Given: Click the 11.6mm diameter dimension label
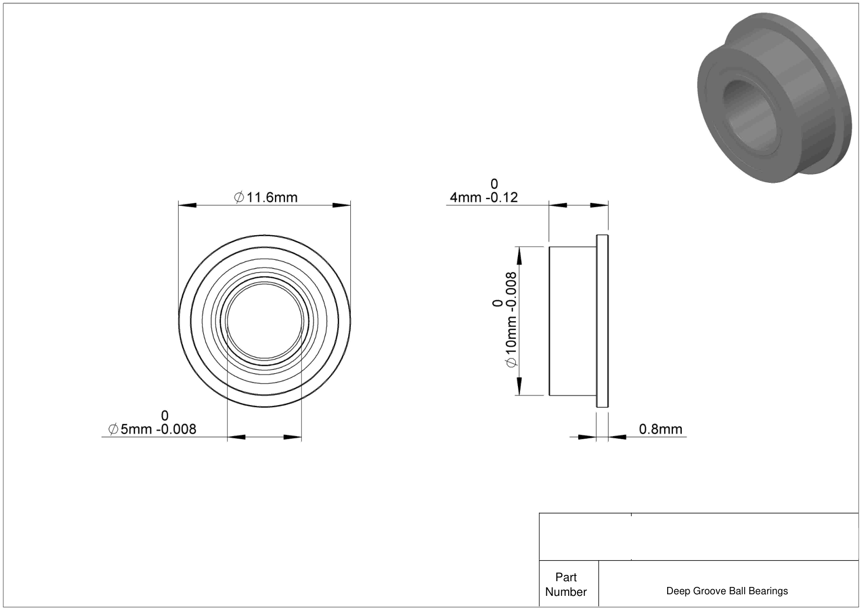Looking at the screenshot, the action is pyautogui.click(x=266, y=198).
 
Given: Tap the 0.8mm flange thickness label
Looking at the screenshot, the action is pyautogui.click(x=660, y=429).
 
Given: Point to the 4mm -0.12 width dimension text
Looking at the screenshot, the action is pyautogui.click(x=484, y=198).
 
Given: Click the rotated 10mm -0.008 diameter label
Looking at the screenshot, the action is pyautogui.click(x=510, y=320).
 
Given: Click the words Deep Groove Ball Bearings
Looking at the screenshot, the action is pyautogui.click(x=727, y=591).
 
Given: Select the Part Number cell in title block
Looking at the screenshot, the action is pyautogui.click(x=566, y=584).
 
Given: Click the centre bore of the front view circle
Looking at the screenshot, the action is pyautogui.click(x=264, y=321).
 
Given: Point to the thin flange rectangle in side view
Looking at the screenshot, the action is pyautogui.click(x=602, y=321).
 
